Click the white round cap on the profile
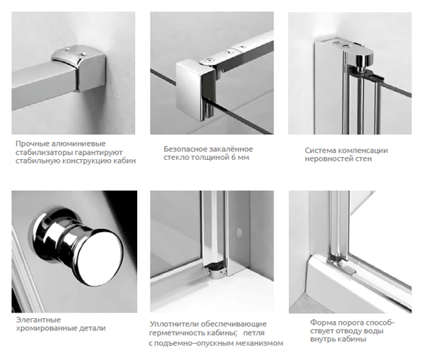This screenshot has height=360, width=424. click(x=239, y=232)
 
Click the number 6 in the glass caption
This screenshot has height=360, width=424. click(x=232, y=157)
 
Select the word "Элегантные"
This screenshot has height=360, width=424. click(x=38, y=320)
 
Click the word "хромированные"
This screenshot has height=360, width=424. click(x=45, y=329)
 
